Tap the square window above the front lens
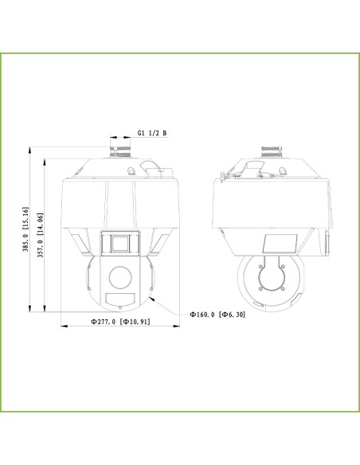coord(119,243)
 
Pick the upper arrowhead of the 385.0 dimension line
coord(30,147)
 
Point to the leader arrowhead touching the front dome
coord(150,301)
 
